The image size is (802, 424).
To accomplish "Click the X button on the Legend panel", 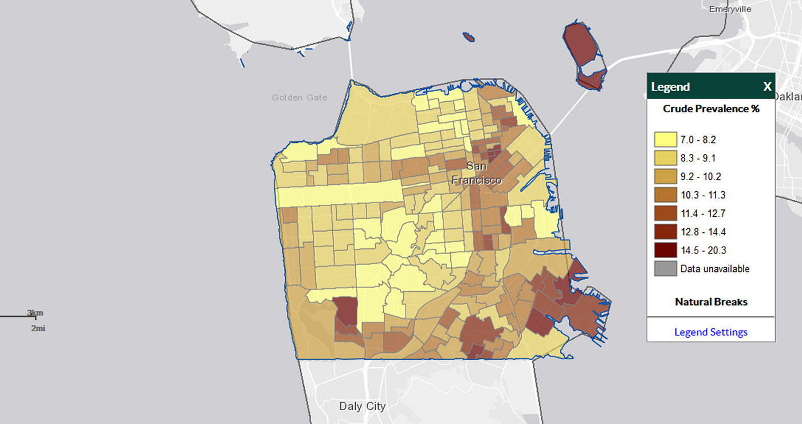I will [x=767, y=87].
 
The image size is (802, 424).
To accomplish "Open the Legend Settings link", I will [x=711, y=332].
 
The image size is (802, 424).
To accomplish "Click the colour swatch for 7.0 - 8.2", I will [x=666, y=139].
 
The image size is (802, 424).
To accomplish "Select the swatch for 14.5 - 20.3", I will [x=666, y=250].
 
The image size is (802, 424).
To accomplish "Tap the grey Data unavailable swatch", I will [x=666, y=268].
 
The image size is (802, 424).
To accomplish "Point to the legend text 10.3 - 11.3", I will [x=698, y=195].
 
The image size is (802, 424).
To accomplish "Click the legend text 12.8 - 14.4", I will [x=698, y=232].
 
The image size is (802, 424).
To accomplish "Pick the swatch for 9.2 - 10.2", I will [x=666, y=176].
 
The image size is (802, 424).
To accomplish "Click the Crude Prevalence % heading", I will [x=711, y=109].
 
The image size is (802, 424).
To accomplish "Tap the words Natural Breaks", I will [x=711, y=302].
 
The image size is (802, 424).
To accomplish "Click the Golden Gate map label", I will [x=300, y=98].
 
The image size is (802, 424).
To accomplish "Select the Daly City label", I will [x=362, y=406].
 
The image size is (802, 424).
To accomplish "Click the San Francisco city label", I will [x=477, y=173].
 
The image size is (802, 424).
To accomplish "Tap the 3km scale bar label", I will [x=35, y=313].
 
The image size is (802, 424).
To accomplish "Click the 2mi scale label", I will [x=38, y=328].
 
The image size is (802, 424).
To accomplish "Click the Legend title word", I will [x=670, y=87].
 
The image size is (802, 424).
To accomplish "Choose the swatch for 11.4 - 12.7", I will [x=666, y=213].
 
